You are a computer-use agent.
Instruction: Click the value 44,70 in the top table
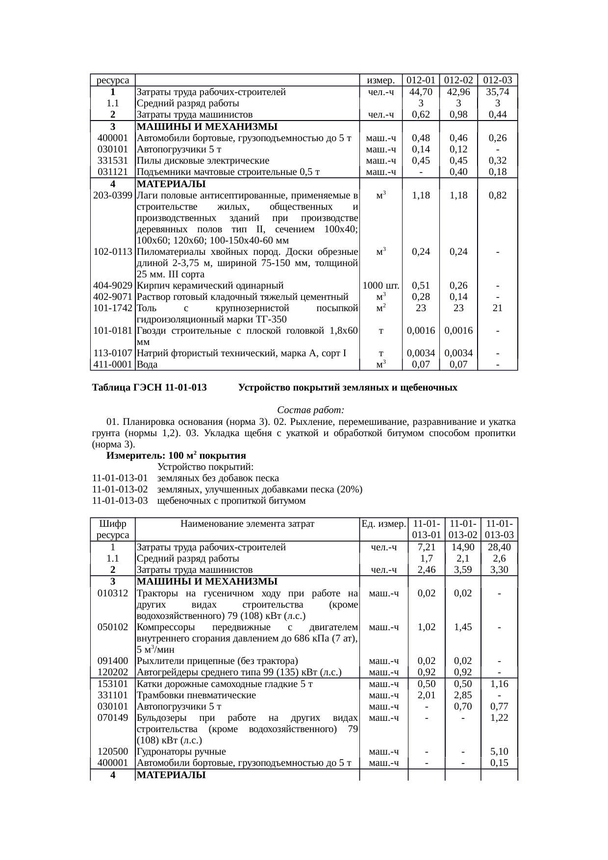pos(421,92)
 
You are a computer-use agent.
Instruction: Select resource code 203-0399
pos(113,196)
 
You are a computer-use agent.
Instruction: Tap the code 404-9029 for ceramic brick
pos(113,286)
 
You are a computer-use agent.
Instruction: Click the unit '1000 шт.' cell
pos(381,286)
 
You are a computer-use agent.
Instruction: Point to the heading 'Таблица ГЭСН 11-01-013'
pos(149,388)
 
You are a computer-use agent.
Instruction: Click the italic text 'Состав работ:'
pos(311,410)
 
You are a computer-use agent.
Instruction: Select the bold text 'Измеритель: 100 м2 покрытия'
pos(176,455)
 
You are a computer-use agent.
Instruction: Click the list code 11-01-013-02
pos(120,490)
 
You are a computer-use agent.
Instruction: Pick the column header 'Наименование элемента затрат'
pos(247,524)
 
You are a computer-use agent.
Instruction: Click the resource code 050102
pos(113,627)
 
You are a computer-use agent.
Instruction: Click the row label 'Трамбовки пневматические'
pos(196,695)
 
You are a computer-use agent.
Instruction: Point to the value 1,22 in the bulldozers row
pos(499,718)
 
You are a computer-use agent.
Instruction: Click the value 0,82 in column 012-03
pos(497,196)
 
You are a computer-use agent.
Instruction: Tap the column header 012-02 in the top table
pos(458,80)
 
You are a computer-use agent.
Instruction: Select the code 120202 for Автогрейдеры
pos(113,672)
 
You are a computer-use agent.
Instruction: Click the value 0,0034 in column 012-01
pos(421,353)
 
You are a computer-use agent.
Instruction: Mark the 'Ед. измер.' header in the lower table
pos(383,524)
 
